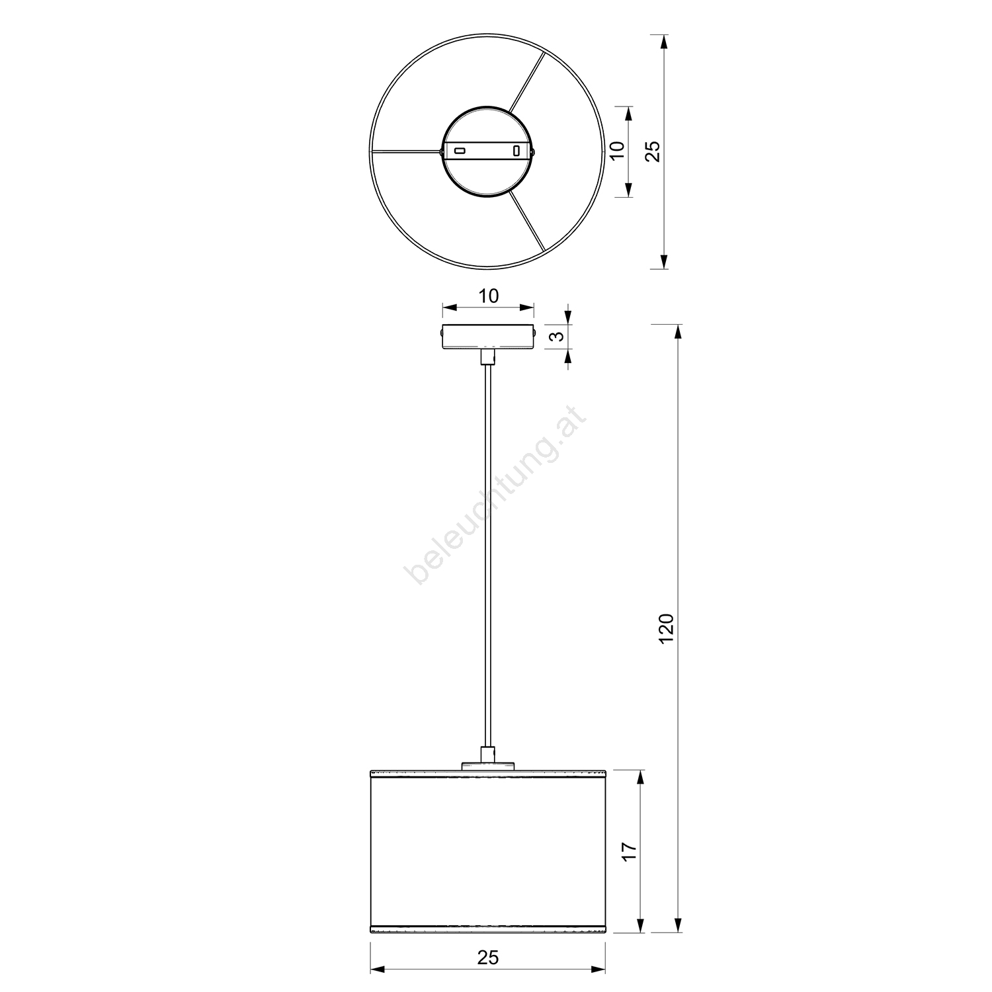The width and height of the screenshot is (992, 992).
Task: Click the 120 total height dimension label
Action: click(x=666, y=629)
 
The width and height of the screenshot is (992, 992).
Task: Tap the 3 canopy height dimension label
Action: click(x=558, y=336)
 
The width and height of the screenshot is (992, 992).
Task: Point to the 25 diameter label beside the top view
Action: click(x=653, y=151)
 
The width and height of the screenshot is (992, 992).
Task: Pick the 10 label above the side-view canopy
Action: click(x=488, y=296)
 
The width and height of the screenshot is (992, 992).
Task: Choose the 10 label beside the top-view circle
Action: click(x=616, y=151)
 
